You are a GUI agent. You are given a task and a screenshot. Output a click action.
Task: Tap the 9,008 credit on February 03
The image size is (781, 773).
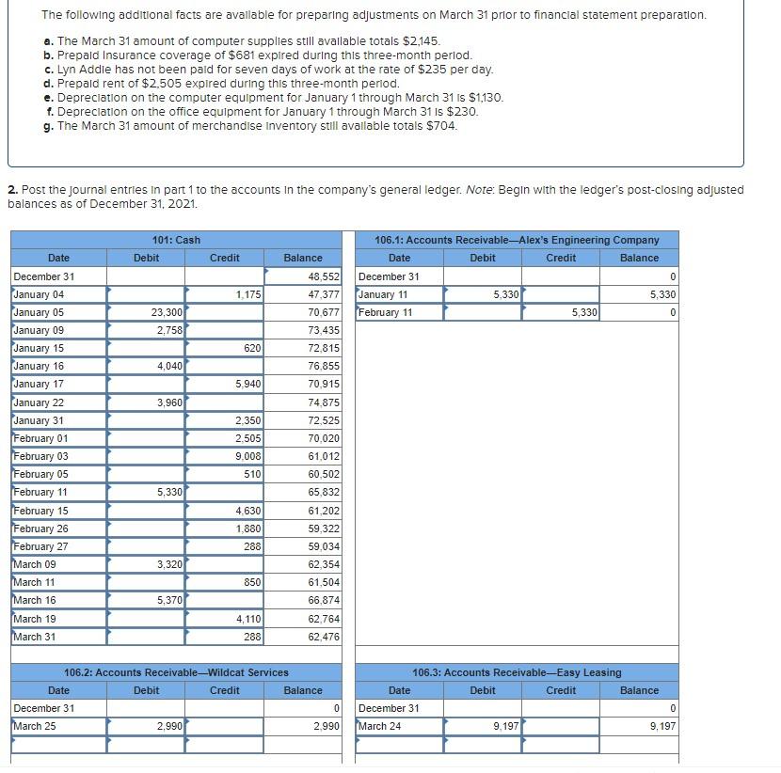point(248,456)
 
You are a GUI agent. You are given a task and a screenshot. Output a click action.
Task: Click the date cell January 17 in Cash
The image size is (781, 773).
point(40,384)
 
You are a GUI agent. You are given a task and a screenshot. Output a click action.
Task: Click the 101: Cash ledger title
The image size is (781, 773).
point(176,240)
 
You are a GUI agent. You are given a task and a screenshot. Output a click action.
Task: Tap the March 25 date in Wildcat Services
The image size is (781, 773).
point(34,726)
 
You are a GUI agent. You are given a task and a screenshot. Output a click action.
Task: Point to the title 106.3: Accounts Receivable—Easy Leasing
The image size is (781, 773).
point(517,672)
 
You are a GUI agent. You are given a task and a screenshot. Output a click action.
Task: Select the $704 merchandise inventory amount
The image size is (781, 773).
point(440,126)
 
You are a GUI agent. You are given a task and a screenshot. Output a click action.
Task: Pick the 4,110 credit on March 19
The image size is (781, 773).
point(248,619)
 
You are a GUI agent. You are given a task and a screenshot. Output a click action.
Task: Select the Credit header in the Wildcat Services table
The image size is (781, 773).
point(224,690)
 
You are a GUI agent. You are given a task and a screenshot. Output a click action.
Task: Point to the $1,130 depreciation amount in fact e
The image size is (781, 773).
point(486,98)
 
